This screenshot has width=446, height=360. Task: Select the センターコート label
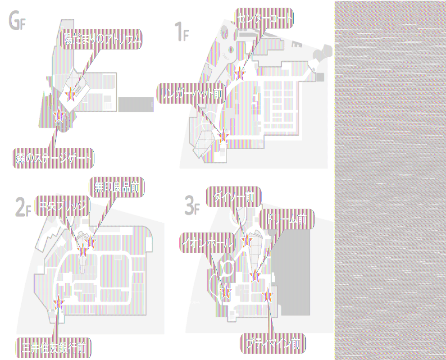[264, 18]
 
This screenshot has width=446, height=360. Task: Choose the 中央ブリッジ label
[62, 206]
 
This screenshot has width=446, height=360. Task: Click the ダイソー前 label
[233, 197]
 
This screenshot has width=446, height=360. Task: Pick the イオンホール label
[208, 244]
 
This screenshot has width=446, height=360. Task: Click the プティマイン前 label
[273, 344]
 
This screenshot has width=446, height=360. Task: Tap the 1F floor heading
[182, 32]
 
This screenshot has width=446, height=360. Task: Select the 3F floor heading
[192, 205]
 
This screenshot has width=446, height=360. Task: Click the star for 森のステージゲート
[59, 116]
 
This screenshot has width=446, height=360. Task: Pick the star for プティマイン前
[269, 295]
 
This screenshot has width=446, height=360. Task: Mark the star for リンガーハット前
[223, 134]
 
